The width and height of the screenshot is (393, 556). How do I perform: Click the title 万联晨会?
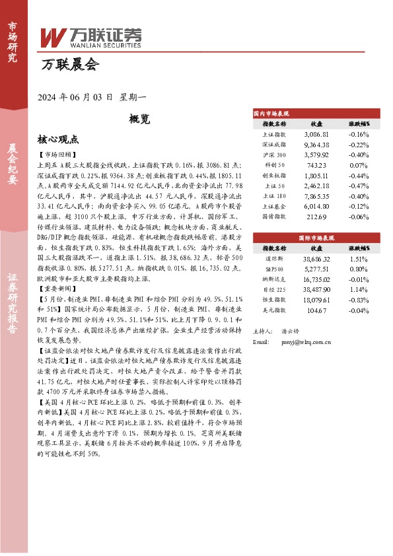point(69,65)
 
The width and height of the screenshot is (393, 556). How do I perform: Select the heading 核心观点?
point(59,140)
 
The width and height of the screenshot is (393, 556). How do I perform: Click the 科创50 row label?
point(274,164)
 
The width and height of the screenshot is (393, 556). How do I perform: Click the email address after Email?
point(301,343)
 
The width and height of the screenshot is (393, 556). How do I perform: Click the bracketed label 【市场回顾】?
point(58,154)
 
